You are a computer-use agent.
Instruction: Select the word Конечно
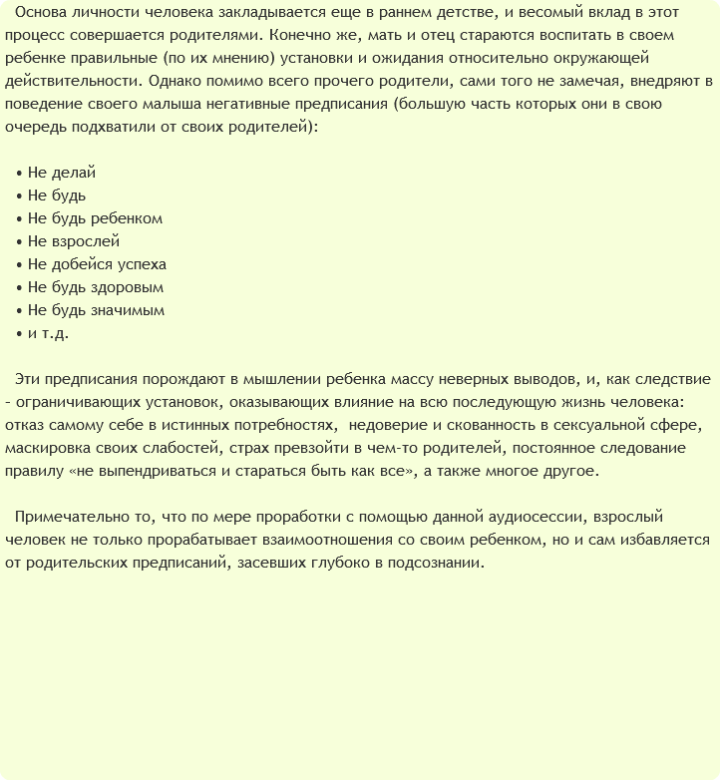click(298, 36)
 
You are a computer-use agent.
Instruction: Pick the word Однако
click(180, 82)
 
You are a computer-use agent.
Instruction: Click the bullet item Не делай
click(62, 173)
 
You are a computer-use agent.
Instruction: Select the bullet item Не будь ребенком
click(95, 218)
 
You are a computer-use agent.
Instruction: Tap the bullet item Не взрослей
click(74, 241)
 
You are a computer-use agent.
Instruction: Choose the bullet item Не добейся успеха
click(97, 264)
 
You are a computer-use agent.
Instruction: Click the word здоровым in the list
click(127, 287)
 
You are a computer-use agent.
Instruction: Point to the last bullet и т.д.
click(48, 333)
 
